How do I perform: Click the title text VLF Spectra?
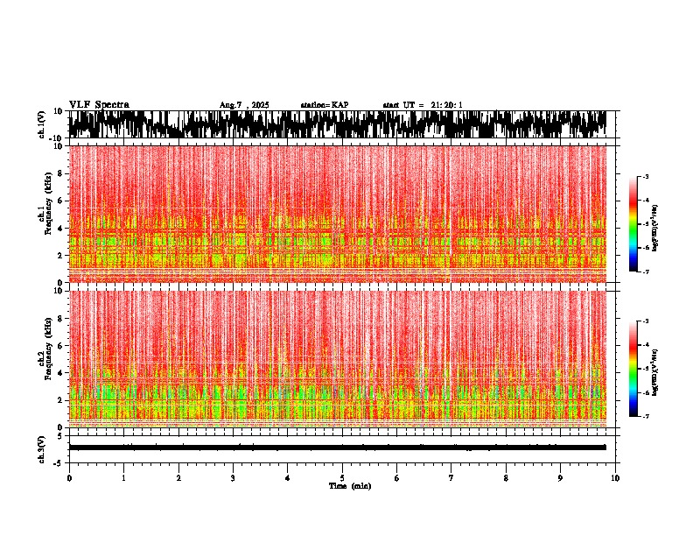(98, 105)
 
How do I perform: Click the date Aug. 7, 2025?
(244, 105)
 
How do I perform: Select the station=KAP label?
(324, 105)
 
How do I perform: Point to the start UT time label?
(423, 105)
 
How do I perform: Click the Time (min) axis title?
(349, 486)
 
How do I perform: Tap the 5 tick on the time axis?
(342, 478)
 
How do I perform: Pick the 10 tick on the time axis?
(615, 478)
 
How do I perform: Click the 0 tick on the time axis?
(69, 478)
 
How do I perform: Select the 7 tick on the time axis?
(451, 478)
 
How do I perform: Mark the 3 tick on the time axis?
(233, 478)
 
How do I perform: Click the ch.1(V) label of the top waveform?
(42, 125)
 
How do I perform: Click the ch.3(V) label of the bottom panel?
(42, 447)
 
